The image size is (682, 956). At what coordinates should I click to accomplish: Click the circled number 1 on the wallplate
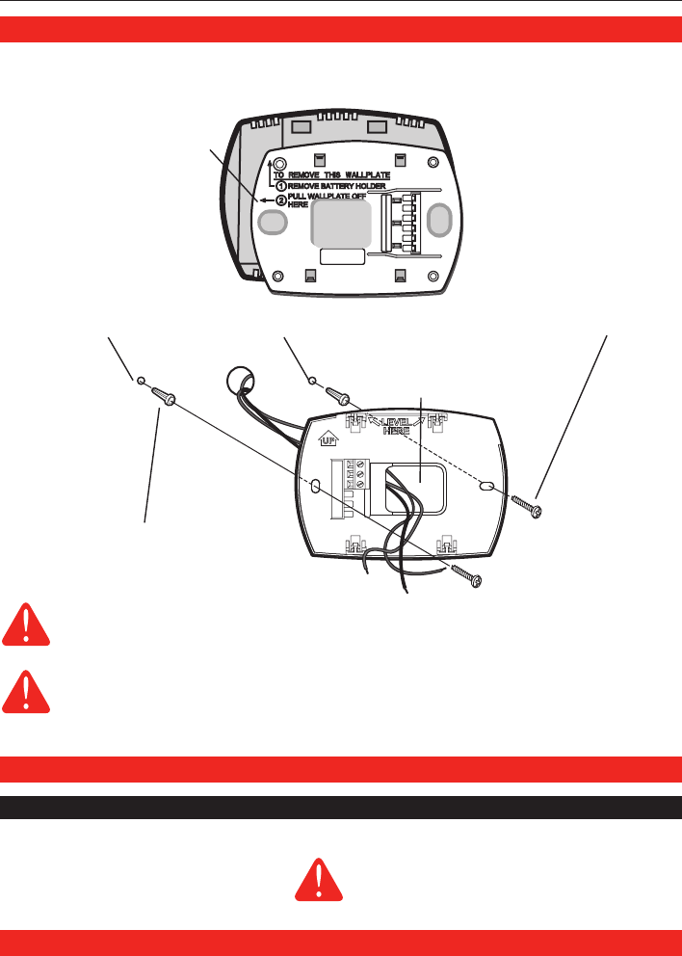coord(281,186)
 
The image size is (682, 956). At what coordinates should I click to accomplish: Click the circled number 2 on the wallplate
coord(281,200)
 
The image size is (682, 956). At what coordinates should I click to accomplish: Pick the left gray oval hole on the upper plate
coord(274,223)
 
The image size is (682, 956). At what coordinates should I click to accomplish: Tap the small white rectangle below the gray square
coord(343,256)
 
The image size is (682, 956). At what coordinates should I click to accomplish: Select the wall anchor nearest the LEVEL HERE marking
coord(338,395)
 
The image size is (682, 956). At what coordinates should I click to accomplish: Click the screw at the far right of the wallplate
coord(529,505)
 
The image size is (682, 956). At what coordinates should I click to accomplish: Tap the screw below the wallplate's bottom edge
coord(466,576)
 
